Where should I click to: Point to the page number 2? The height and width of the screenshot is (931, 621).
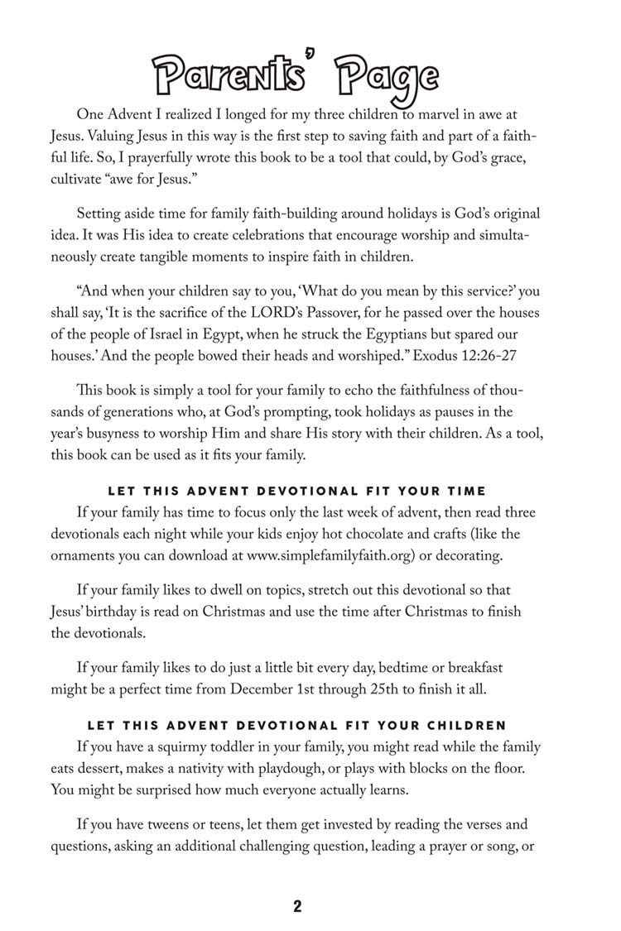297,906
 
